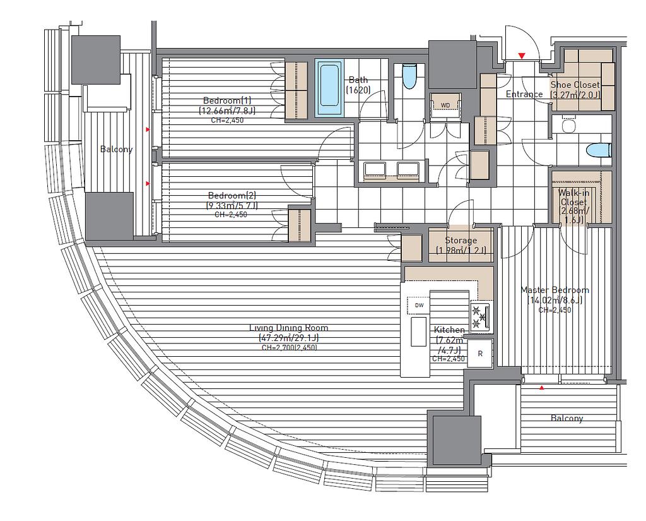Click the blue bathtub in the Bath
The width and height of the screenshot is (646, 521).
coord(329,88)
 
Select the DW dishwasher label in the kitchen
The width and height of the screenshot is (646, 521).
coord(419,305)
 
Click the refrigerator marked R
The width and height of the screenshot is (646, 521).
coord(480,354)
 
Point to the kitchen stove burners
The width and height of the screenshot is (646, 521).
coord(480,317)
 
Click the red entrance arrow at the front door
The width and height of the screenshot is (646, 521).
coord(522,56)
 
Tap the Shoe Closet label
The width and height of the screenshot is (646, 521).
coord(575,85)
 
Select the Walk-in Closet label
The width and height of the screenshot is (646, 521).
coord(573,197)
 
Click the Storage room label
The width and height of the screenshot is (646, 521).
coord(461,240)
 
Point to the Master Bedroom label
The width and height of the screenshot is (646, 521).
coord(555,290)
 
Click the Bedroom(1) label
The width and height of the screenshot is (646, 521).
coord(227,100)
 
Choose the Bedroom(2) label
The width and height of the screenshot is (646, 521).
coord(232,195)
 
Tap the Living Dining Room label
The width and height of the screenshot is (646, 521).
coord(289,328)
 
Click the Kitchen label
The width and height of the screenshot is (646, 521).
coord(449,330)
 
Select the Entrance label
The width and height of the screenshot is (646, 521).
coord(524,94)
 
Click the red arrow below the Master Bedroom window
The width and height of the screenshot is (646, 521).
coord(541,388)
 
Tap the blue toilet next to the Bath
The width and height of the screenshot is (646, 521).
coord(409,76)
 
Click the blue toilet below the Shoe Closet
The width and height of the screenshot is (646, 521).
coord(599,150)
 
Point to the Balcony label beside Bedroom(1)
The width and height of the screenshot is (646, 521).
coord(116,149)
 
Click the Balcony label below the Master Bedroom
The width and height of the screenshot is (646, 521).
coord(567,418)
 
